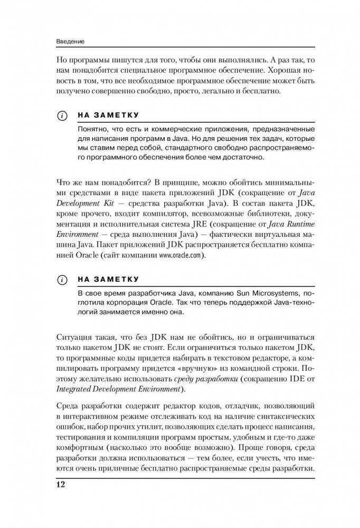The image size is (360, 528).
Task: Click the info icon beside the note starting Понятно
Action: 63,115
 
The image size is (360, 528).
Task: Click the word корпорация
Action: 121,303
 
